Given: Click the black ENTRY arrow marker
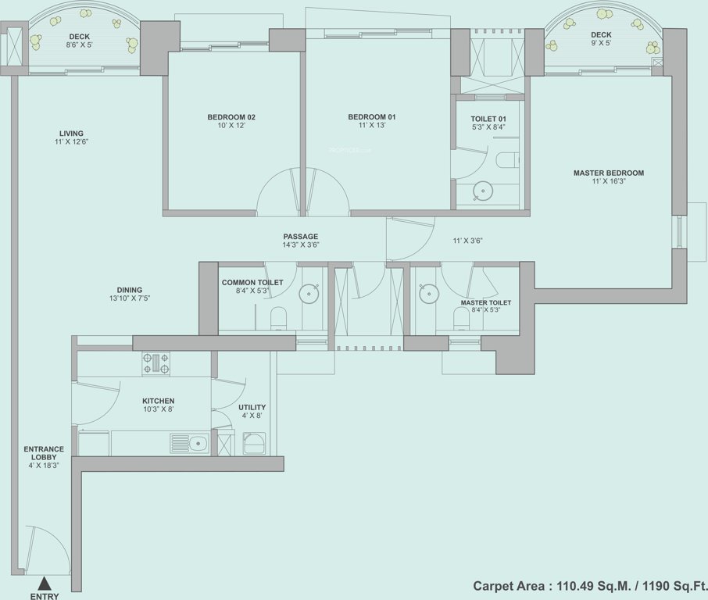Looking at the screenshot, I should (x=44, y=582).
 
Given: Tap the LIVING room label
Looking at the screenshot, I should (x=70, y=134).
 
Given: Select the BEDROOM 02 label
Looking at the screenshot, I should (x=231, y=117).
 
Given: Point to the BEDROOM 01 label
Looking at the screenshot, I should (x=372, y=117).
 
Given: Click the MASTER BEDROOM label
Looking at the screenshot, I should (x=608, y=173).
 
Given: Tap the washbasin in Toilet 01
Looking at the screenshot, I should (x=485, y=189).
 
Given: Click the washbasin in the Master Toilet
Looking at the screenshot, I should (x=428, y=295).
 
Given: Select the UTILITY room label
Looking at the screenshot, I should (x=252, y=407).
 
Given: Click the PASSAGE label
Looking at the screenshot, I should (x=301, y=236).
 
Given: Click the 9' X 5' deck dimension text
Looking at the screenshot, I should (x=601, y=45).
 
